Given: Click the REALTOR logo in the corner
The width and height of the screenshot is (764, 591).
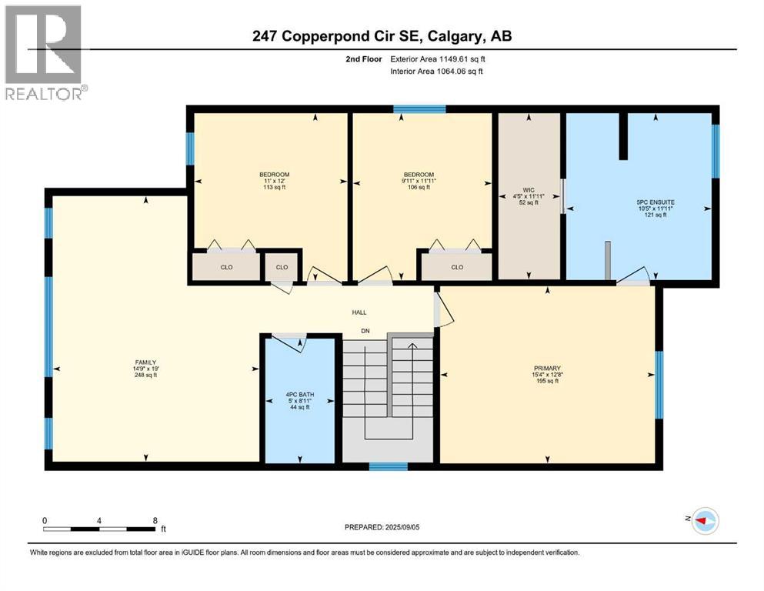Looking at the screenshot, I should pos(45,52).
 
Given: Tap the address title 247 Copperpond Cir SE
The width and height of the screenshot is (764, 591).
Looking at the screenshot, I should pos(382,35).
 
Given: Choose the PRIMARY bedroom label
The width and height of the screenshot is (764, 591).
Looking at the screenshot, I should pos(547,368).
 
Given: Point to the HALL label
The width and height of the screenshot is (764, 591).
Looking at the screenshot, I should pos(359,312).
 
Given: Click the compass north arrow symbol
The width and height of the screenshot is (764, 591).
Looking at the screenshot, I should pos(705,520).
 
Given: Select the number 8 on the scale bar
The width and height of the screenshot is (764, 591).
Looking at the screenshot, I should pos(155,520).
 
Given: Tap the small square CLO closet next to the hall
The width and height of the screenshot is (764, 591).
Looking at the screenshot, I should pos(282,267).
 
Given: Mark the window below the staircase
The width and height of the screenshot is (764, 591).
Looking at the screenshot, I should pos(388,466).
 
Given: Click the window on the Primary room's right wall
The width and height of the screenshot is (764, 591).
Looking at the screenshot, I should pos(659,385).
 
